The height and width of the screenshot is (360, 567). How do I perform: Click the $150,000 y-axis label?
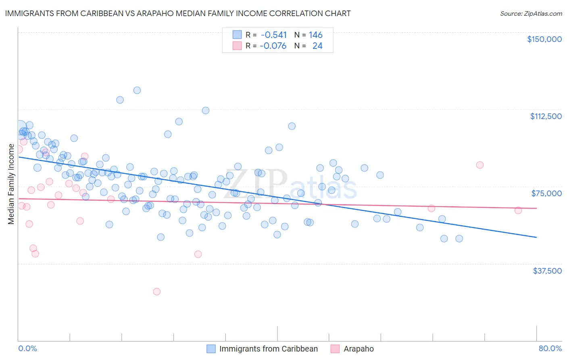pos(544,39)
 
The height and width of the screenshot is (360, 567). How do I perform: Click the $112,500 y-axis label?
pos(546,116)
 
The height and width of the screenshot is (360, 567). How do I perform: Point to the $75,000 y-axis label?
pos(546,193)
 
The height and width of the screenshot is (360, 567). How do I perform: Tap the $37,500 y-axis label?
pos(547,271)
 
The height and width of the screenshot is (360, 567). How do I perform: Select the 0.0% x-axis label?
pos(27,349)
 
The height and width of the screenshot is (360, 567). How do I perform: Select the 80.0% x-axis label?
pos(550,349)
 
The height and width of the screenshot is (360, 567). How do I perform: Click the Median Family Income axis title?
pos(11,184)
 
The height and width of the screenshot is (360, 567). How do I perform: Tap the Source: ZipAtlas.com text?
pos(531,13)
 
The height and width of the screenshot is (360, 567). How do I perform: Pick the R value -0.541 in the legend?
pos(274,35)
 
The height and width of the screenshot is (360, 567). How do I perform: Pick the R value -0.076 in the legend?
pos(273,46)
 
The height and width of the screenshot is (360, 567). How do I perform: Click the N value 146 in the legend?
pos(316,35)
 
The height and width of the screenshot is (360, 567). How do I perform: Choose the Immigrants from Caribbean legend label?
pos(269,349)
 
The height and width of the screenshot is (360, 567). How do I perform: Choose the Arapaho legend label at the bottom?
pos(359,349)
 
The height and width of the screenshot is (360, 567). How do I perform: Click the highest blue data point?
pos(137,90)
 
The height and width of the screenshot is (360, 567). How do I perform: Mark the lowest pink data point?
pos(157,291)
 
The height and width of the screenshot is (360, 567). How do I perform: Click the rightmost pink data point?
pos(518,210)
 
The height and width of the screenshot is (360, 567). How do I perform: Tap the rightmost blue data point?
pos(459,239)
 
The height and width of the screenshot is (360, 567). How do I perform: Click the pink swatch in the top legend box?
pos(237,46)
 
